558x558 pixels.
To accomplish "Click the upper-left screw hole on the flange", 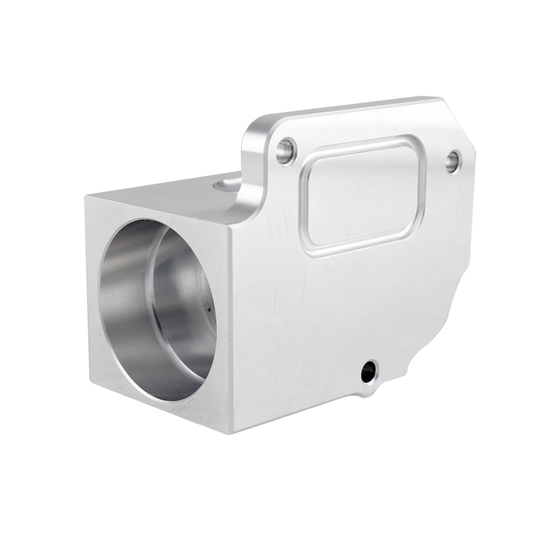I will (286, 151).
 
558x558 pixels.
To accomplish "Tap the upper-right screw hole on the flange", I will (453, 161).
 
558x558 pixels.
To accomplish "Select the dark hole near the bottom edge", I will (369, 372).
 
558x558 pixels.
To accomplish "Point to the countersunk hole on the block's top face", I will (227, 185).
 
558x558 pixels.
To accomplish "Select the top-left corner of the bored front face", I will (87, 195).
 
